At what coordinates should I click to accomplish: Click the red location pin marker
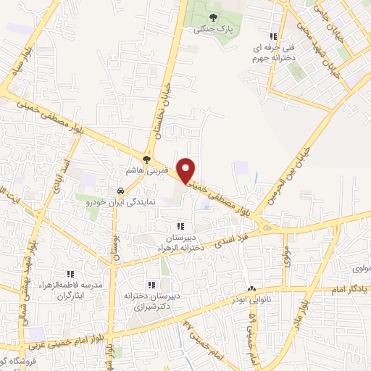[x=187, y=170]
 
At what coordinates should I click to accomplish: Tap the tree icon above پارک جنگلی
[x=212, y=18]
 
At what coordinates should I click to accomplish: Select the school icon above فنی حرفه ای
[x=272, y=36]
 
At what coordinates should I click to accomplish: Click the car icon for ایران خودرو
[x=120, y=191]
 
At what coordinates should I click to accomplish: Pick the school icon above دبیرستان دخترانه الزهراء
[x=180, y=227]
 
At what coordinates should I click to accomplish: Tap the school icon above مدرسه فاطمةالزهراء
[x=70, y=274]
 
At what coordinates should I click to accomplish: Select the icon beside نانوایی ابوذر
[x=251, y=289]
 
